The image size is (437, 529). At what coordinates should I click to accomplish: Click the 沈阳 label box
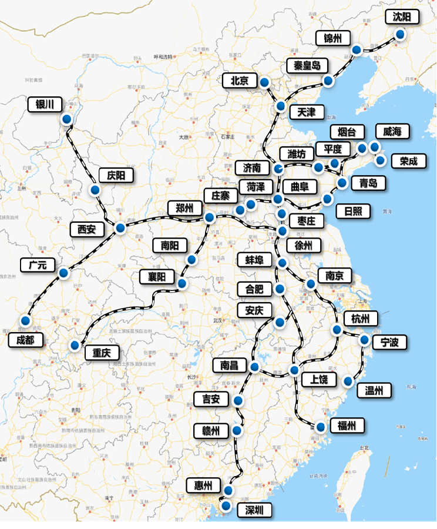tap(403, 17)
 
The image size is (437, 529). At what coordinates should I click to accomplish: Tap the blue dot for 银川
tap(66, 119)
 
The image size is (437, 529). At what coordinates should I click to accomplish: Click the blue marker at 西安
tap(120, 227)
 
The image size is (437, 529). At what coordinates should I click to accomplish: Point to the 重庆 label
tap(102, 353)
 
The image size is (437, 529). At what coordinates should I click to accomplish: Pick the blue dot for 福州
tap(321, 427)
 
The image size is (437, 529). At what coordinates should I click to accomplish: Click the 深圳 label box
tap(254, 510)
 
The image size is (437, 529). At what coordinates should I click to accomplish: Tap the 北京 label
tap(240, 81)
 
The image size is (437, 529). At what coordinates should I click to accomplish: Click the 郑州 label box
tap(184, 208)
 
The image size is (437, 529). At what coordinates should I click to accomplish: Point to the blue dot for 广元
tap(63, 273)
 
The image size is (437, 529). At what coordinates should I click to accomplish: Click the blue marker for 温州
tap(348, 381)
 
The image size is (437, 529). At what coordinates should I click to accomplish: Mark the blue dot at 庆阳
tap(95, 190)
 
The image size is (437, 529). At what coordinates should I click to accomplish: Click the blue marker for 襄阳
tap(182, 284)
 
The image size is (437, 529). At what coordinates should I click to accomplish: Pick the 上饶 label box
tap(319, 379)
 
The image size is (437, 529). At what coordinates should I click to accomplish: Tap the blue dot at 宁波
tap(364, 339)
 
